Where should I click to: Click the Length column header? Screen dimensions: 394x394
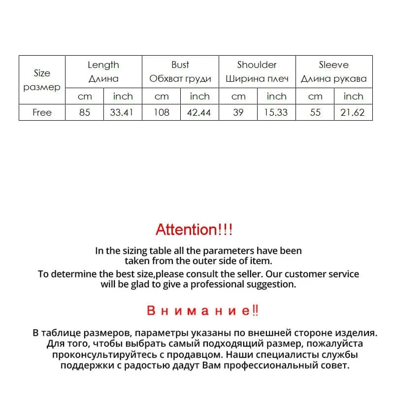click(x=103, y=65)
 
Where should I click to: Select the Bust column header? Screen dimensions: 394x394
click(x=180, y=65)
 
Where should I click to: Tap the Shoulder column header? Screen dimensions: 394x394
click(x=257, y=65)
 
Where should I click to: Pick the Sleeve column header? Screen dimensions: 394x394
click(x=333, y=65)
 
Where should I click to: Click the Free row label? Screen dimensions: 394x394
click(x=42, y=112)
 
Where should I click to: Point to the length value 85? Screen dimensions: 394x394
click(x=85, y=112)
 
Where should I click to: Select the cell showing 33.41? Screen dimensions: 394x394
click(x=122, y=112)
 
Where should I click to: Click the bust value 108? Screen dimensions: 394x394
click(x=161, y=112)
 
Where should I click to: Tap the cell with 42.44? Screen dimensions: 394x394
click(x=199, y=112)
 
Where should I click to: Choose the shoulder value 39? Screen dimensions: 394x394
click(x=238, y=112)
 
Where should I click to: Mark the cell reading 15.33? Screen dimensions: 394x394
click(x=276, y=112)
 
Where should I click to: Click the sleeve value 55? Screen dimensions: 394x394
click(x=315, y=112)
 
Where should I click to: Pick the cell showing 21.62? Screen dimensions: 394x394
click(x=353, y=112)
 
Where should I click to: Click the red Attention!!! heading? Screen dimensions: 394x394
click(x=194, y=230)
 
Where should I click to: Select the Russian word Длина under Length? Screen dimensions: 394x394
click(x=103, y=79)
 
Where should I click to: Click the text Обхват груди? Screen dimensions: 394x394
click(x=180, y=79)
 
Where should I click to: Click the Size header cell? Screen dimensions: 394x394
click(x=42, y=80)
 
